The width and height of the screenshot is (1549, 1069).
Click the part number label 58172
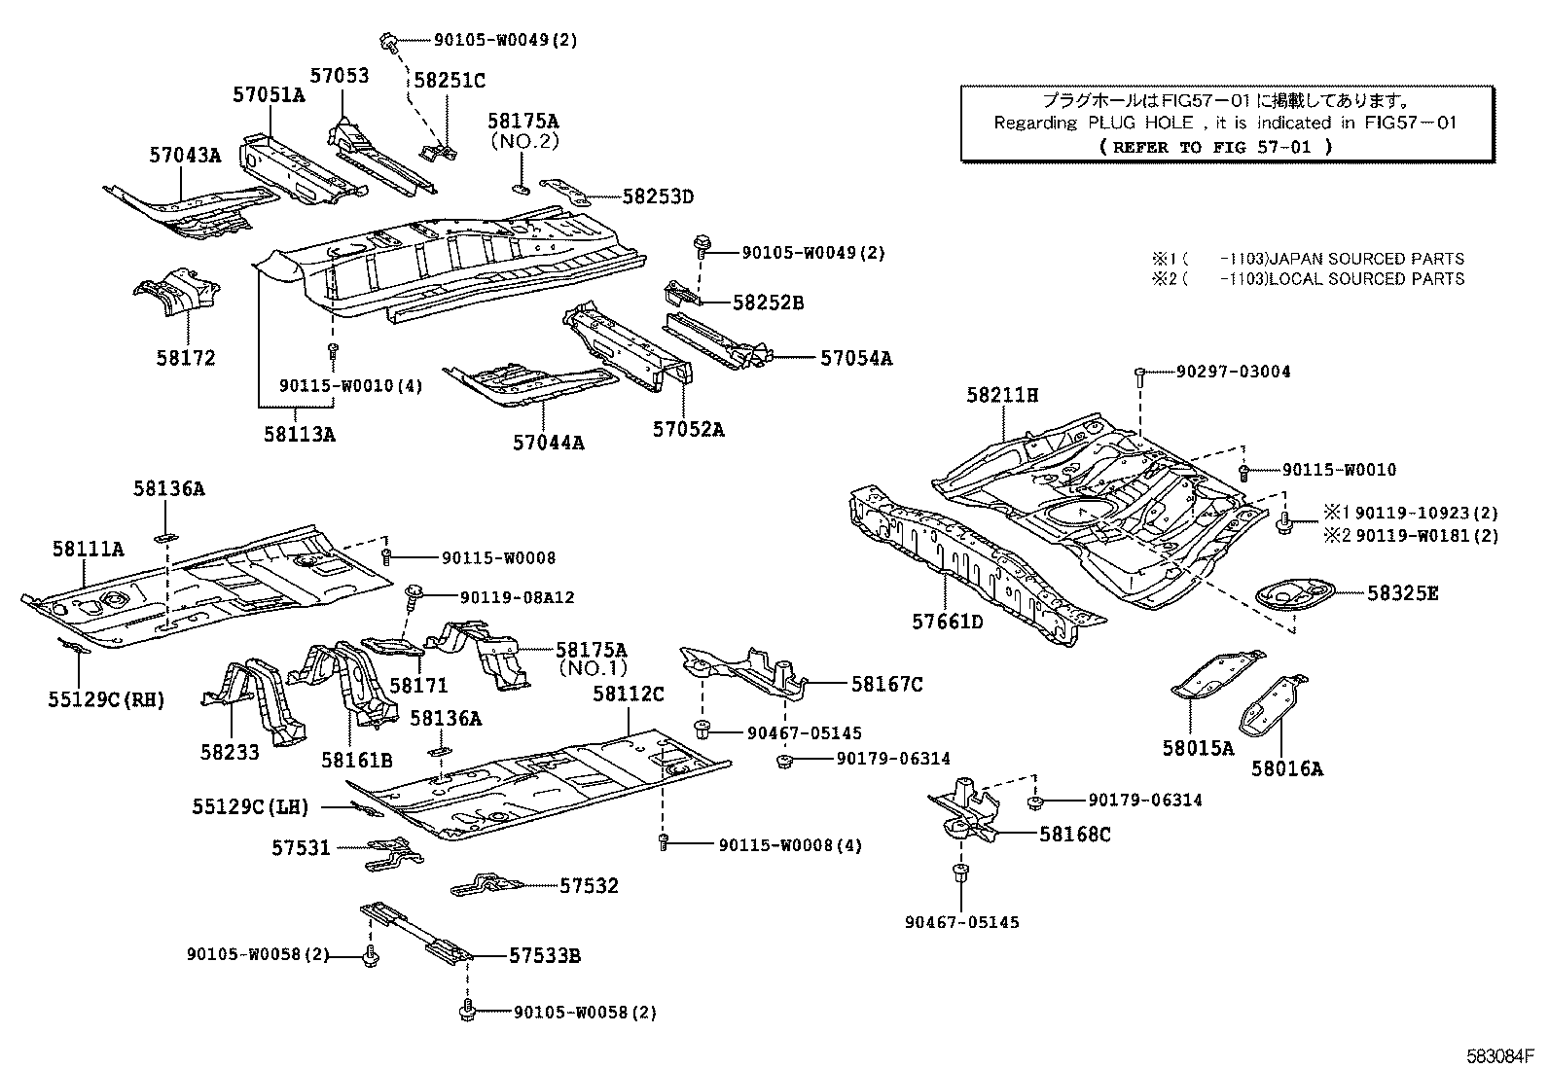point(185,358)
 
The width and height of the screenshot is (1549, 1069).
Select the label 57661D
point(947,621)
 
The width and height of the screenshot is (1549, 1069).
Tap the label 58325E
point(1402,592)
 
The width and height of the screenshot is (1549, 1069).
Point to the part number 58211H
point(1002,395)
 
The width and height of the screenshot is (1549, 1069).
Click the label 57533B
point(545,956)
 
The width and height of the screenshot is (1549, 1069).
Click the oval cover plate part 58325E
point(1292,594)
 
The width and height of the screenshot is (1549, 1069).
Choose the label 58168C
point(1074,834)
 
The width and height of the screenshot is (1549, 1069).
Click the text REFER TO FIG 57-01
point(1215,147)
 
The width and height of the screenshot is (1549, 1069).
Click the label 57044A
point(549,443)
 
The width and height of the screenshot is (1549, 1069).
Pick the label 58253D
point(658,196)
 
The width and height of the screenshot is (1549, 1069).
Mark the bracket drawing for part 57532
point(487,884)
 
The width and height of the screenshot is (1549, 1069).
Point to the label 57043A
point(185,155)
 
